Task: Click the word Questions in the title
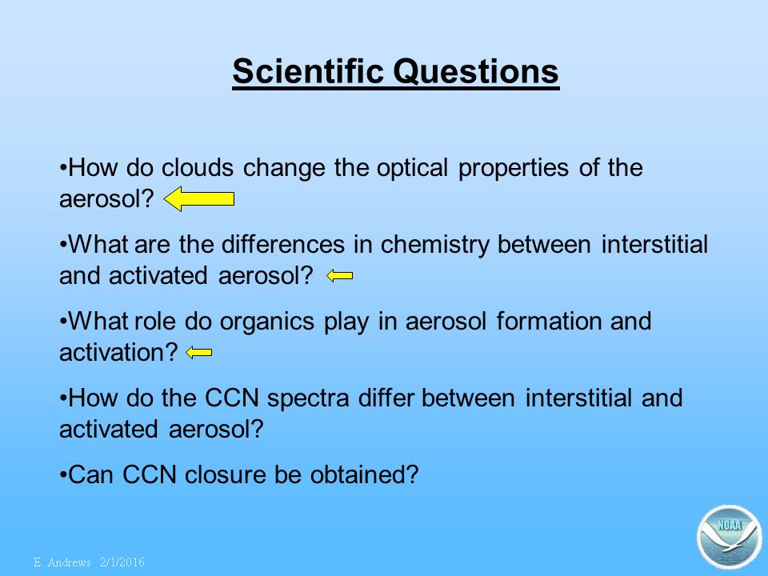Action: [475, 72]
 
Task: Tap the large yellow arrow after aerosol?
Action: [199, 199]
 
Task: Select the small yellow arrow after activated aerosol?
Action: [339, 276]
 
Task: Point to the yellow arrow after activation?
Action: [199, 352]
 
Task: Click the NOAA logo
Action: [729, 537]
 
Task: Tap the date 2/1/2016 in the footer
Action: [122, 562]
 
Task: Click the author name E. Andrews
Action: [62, 562]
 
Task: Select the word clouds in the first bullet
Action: [198, 167]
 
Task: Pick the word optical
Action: [412, 169]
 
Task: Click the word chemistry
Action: [434, 245]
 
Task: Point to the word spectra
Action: [308, 398]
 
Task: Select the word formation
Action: [548, 322]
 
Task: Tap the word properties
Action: [514, 169]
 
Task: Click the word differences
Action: [283, 245]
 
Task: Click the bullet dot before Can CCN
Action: [62, 474]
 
